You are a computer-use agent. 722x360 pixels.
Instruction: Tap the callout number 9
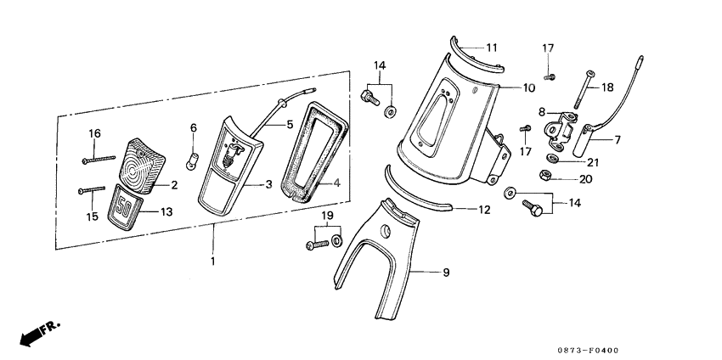(445, 273)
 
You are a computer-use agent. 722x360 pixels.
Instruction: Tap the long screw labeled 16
(100, 159)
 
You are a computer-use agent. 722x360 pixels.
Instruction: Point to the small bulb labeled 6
(192, 158)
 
